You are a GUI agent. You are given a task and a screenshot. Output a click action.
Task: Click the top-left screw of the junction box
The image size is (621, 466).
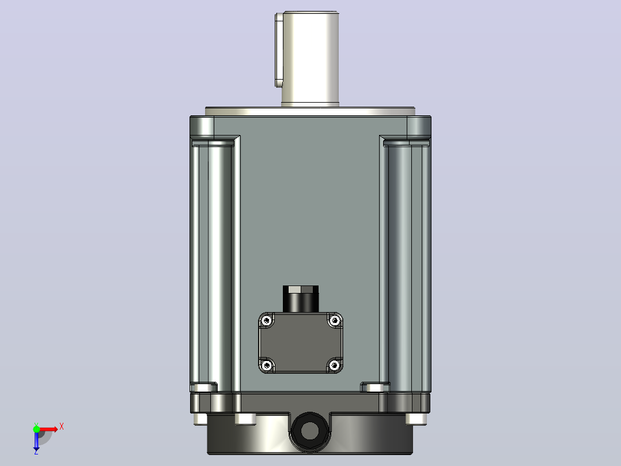coord(267,320)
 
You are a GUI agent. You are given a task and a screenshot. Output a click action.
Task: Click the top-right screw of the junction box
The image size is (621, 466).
coord(335,320)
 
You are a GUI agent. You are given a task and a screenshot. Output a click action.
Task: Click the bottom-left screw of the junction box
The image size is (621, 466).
coord(267,365)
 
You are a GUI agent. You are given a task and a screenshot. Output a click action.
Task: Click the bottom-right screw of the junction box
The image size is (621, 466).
coord(335,365)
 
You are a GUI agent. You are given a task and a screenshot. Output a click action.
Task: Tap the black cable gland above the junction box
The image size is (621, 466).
coord(301,299)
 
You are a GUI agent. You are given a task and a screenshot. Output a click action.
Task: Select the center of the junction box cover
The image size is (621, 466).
coord(301,343)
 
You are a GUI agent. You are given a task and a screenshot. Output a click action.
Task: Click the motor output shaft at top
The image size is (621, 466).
coord(310,59)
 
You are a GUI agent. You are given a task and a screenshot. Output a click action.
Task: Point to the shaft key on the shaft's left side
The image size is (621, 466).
coord(279,50)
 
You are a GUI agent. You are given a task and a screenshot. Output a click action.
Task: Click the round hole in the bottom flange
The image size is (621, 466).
coord(310,431)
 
